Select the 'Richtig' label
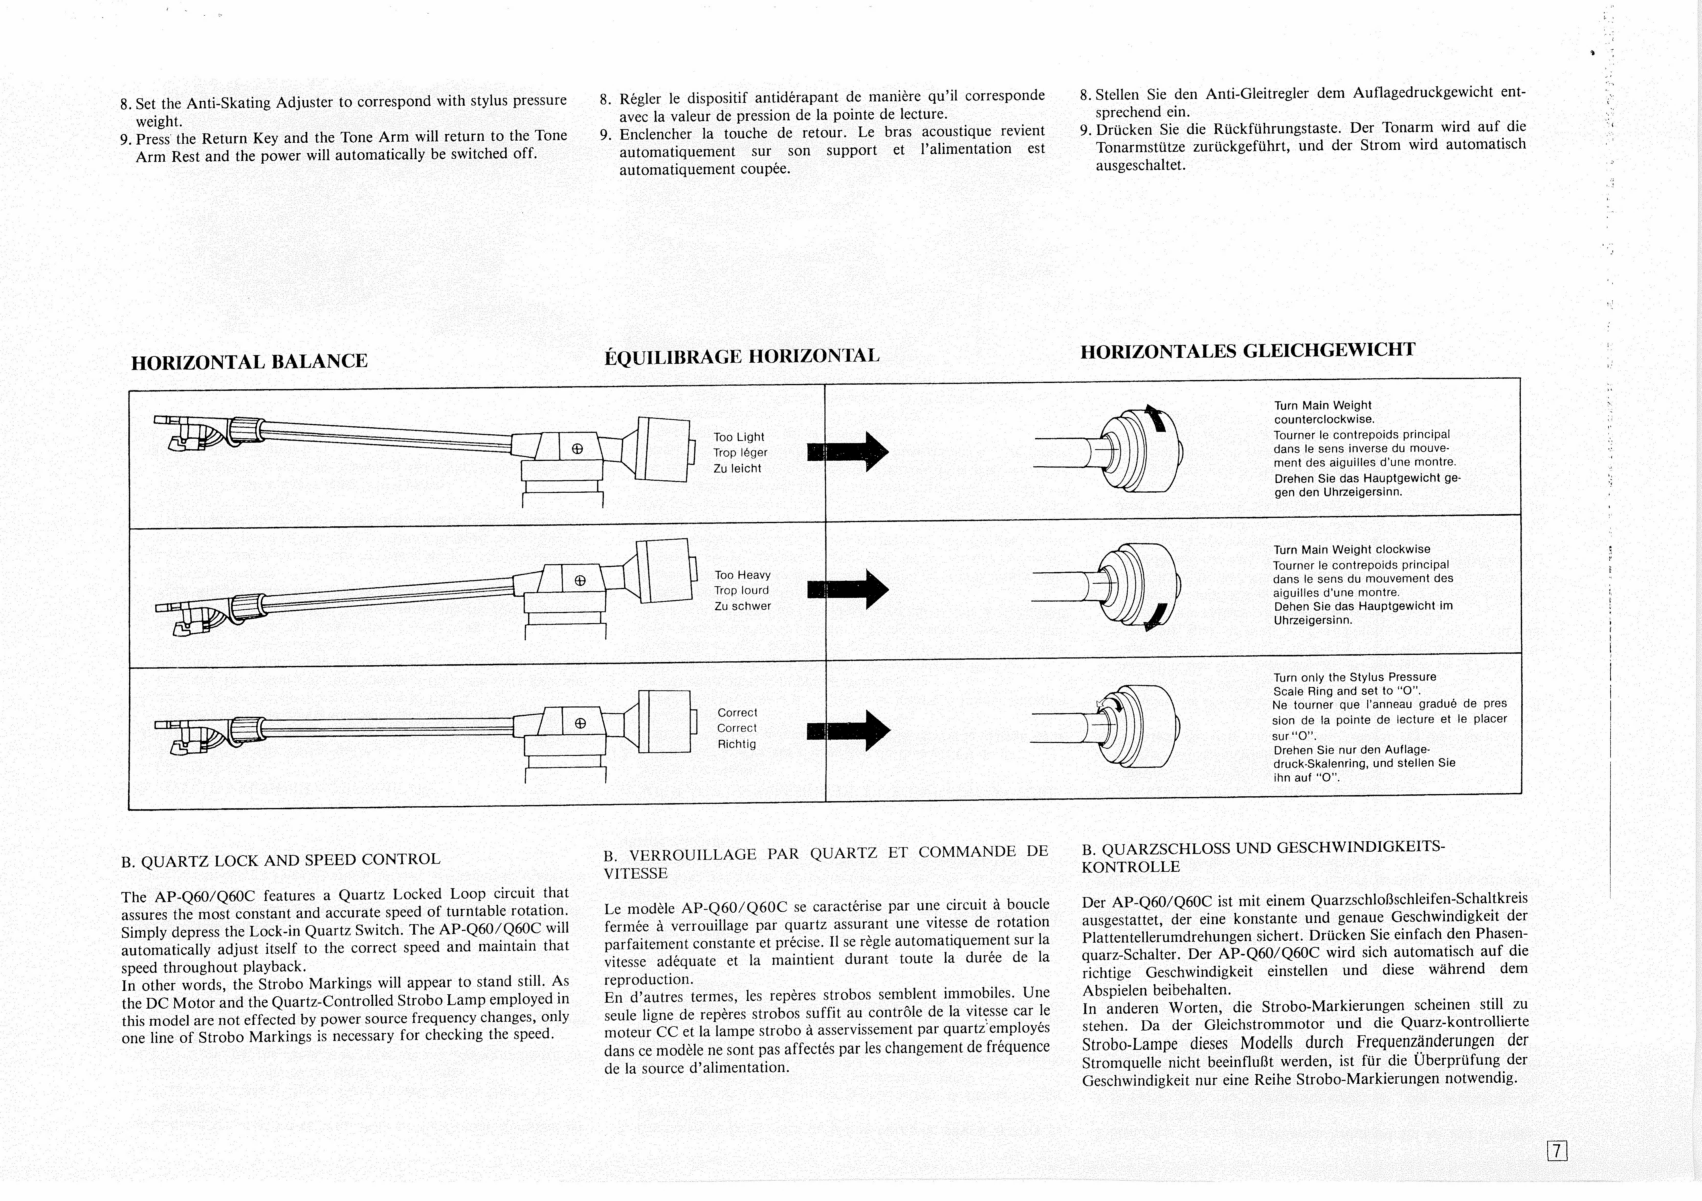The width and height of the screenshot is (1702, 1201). [x=736, y=744]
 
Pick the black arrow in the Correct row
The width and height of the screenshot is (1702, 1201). [x=849, y=730]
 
